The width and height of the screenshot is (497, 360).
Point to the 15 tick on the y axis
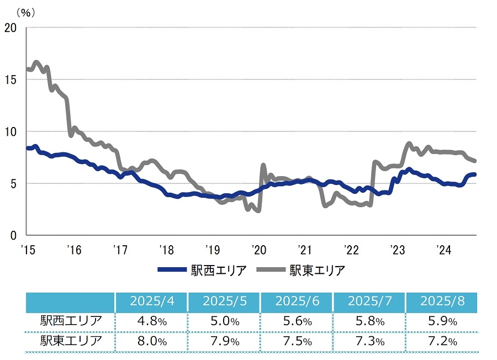point(10,79)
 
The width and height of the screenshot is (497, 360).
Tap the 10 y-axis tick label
point(10,131)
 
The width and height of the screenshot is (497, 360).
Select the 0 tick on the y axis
point(14,235)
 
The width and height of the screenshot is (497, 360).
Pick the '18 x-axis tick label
point(167,249)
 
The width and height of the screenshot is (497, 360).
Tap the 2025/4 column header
point(151,302)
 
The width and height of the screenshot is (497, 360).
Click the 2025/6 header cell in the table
point(296,302)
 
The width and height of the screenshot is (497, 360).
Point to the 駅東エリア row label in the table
point(71,341)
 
